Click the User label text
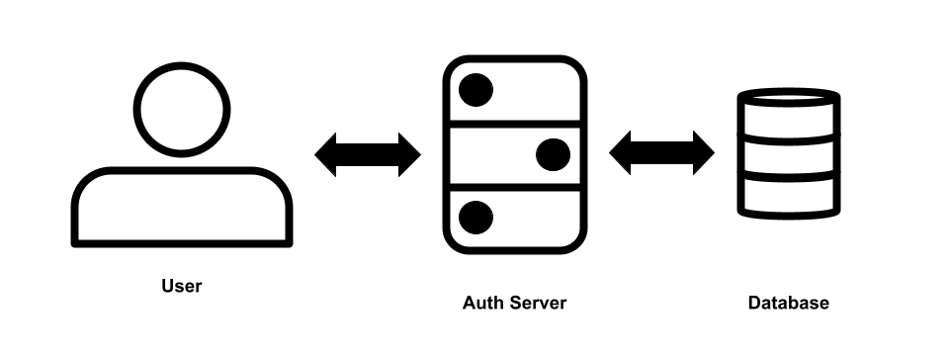point(181,287)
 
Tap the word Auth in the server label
point(481,303)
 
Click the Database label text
point(788,303)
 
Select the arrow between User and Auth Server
point(368,154)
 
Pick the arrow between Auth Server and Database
point(661,153)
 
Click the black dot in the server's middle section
point(553,154)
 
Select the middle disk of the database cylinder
point(789,157)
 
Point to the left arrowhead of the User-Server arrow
point(327,154)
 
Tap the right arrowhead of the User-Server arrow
point(408,154)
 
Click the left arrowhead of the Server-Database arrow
point(621,153)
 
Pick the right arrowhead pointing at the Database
point(702,153)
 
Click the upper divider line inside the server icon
point(514,123)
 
